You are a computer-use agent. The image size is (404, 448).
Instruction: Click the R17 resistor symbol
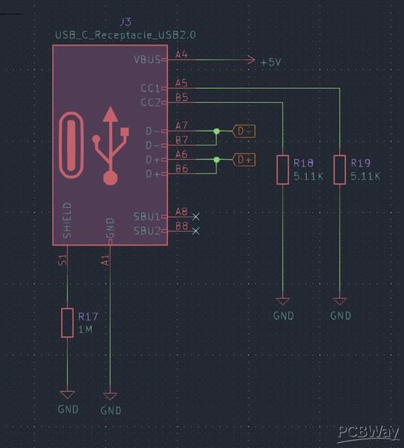pyautogui.click(x=67, y=323)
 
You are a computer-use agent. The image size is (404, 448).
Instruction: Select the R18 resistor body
pyautogui.click(x=282, y=169)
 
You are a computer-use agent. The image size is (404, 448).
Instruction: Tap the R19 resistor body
pyautogui.click(x=340, y=169)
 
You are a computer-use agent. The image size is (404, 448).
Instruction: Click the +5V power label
pyautogui.click(x=270, y=62)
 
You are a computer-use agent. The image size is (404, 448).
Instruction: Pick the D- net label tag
pyautogui.click(x=244, y=131)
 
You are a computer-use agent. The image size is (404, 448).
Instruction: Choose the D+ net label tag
pyautogui.click(x=244, y=159)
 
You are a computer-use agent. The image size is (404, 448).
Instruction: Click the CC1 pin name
pyautogui.click(x=150, y=88)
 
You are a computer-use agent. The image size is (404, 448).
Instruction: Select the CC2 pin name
pyautogui.click(x=150, y=102)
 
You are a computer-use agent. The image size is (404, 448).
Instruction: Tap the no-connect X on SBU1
pyautogui.click(x=196, y=217)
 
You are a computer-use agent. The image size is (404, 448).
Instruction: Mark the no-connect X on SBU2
pyautogui.click(x=196, y=231)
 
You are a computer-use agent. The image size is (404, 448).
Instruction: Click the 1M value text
pyautogui.click(x=86, y=329)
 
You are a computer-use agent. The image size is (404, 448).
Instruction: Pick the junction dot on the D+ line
pyautogui.click(x=217, y=159)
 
